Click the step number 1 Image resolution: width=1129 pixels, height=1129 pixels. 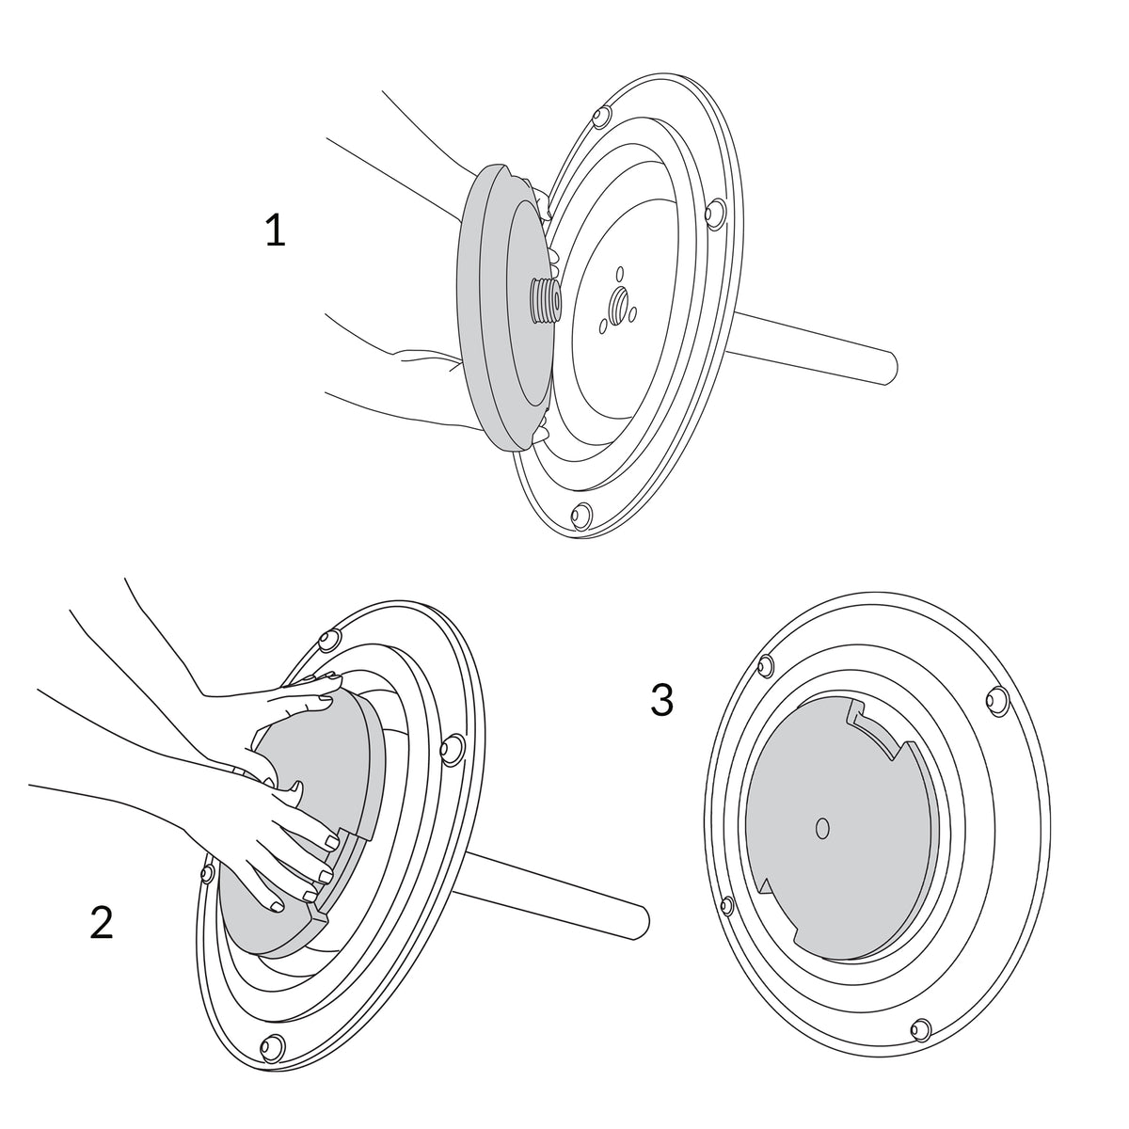(x=276, y=230)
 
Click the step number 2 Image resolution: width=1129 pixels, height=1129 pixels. (x=102, y=923)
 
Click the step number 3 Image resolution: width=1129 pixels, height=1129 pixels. (x=661, y=699)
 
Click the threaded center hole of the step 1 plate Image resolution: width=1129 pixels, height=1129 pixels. (x=618, y=304)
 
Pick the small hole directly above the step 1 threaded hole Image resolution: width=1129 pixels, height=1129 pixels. (x=621, y=274)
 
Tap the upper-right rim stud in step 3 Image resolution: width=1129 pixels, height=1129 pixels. (x=995, y=699)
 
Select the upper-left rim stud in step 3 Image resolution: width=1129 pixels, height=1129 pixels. (x=765, y=665)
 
